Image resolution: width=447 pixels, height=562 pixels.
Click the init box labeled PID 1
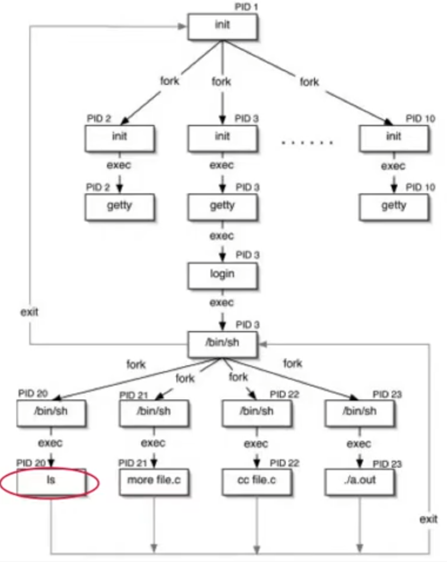(222, 26)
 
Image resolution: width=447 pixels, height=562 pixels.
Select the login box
(222, 275)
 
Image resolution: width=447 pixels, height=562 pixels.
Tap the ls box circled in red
(51, 481)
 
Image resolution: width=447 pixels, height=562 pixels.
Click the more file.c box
(154, 481)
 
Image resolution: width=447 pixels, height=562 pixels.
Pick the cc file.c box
(257, 481)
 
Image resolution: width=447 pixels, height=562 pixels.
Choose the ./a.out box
(360, 481)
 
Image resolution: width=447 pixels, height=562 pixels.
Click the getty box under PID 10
(394, 206)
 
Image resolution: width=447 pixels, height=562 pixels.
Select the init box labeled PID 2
(119, 137)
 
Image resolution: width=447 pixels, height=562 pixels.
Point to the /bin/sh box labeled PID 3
(222, 343)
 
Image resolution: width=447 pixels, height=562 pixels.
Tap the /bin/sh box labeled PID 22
(257, 412)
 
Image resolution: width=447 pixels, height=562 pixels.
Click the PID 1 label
(246, 7)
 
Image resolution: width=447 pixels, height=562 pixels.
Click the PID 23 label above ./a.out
(387, 464)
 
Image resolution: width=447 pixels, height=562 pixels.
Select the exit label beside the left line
(29, 312)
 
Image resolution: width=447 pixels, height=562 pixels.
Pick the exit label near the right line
(428, 519)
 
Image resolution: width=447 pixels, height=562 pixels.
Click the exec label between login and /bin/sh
(222, 303)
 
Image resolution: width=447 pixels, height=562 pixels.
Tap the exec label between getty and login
(222, 236)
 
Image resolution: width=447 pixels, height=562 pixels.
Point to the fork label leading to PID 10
(309, 82)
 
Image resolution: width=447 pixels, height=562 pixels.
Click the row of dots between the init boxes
(307, 143)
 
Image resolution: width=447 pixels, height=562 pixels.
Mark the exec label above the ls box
(50, 443)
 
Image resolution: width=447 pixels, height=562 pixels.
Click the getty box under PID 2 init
(119, 206)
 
